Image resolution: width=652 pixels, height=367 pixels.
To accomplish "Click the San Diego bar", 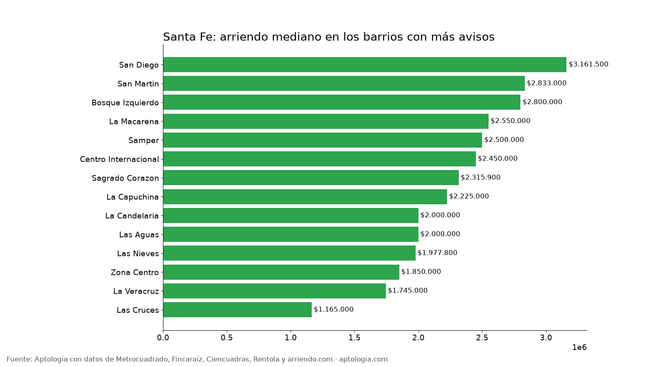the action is tap(365, 65).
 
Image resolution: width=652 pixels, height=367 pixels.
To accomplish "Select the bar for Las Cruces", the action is tap(238, 310).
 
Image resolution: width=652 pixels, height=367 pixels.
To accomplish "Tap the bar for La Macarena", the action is tap(326, 121).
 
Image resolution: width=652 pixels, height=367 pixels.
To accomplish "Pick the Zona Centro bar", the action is tap(281, 272).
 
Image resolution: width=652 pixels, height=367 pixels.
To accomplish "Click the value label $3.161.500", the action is tap(588, 64).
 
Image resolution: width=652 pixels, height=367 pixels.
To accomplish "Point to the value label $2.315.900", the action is tap(480, 177).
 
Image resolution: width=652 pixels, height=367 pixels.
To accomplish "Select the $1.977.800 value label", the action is tap(438, 252).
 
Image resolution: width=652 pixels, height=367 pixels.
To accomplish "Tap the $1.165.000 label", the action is tap(334, 309).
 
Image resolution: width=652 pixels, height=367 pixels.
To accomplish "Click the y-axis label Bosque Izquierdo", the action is tap(125, 103).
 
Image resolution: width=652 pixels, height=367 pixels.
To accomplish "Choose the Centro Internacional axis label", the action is tap(119, 159).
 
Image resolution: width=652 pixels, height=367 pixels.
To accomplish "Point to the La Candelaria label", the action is tap(132, 216).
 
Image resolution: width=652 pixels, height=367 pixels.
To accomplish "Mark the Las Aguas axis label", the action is tap(139, 235).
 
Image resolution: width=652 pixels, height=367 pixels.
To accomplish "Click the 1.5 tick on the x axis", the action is tap(355, 338).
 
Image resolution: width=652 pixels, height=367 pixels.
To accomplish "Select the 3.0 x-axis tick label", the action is tap(546, 338).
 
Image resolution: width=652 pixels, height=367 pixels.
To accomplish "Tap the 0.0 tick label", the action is tap(163, 338).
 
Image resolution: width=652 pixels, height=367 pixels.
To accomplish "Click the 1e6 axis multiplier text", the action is tap(579, 347).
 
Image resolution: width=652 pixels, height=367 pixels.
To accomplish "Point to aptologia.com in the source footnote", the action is tap(363, 359).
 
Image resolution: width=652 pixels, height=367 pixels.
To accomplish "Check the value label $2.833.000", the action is tap(546, 83).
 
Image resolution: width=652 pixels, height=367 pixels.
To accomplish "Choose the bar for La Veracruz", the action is tap(275, 291).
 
